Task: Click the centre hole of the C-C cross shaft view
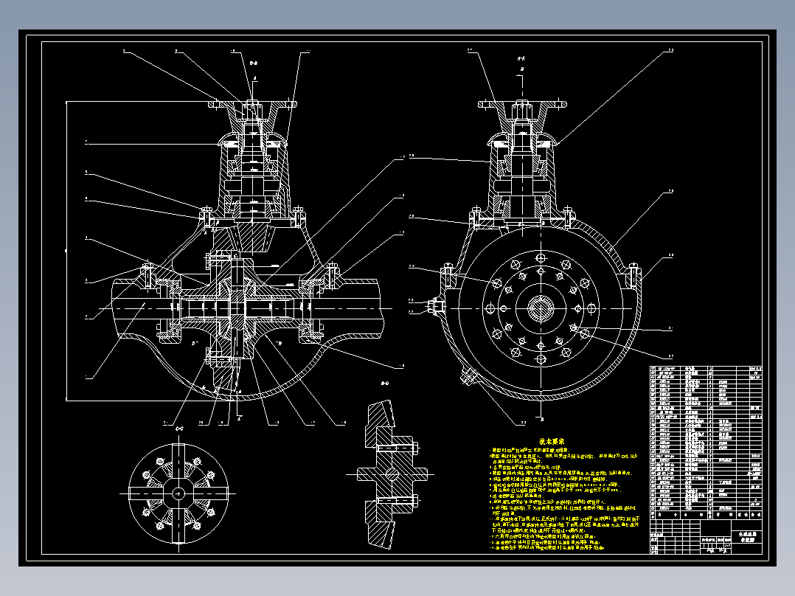coord(178,493)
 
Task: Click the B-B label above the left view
coord(254,64)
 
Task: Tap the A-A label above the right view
coord(521,58)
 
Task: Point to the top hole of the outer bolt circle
coord(541,256)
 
